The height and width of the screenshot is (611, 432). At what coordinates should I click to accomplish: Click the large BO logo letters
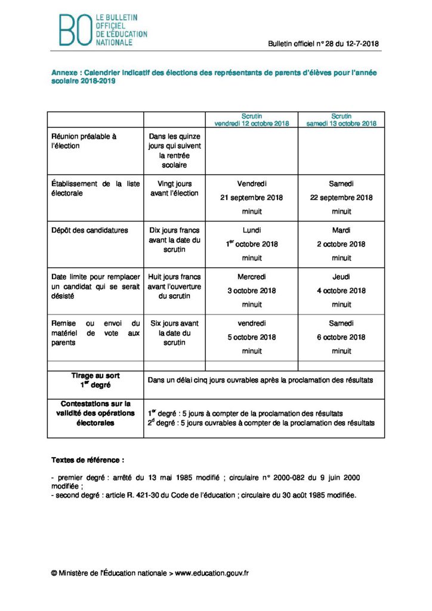click(x=75, y=30)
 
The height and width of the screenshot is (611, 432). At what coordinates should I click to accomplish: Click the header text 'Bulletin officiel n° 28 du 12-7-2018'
click(x=323, y=44)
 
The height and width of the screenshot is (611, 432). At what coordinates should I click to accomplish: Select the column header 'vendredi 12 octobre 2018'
click(x=251, y=124)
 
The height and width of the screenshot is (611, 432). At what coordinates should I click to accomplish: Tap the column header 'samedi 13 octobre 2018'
click(x=341, y=124)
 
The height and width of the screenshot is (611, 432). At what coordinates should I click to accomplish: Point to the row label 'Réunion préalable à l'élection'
click(x=84, y=141)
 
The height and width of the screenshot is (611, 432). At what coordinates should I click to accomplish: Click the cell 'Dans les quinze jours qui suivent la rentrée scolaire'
click(x=174, y=150)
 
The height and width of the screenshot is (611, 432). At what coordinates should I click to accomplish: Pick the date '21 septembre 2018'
click(x=251, y=198)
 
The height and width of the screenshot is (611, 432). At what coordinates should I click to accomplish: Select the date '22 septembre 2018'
click(x=341, y=198)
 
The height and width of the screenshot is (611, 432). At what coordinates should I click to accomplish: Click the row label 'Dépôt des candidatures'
click(x=90, y=230)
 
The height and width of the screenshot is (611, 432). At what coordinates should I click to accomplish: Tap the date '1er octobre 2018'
click(x=251, y=244)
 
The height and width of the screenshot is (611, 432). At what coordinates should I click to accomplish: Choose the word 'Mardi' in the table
click(x=341, y=230)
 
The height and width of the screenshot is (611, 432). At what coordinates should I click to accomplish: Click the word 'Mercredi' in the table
click(x=251, y=277)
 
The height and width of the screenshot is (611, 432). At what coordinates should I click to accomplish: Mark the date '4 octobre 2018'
click(x=341, y=291)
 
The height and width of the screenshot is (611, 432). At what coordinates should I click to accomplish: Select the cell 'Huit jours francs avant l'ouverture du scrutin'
click(x=174, y=286)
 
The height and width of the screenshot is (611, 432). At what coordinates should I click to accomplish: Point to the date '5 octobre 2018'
click(x=251, y=337)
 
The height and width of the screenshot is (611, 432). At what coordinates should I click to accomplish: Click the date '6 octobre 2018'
click(x=341, y=337)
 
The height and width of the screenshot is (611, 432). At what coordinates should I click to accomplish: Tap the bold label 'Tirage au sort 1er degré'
click(x=95, y=380)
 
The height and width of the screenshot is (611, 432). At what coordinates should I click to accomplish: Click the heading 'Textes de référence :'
click(x=88, y=461)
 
